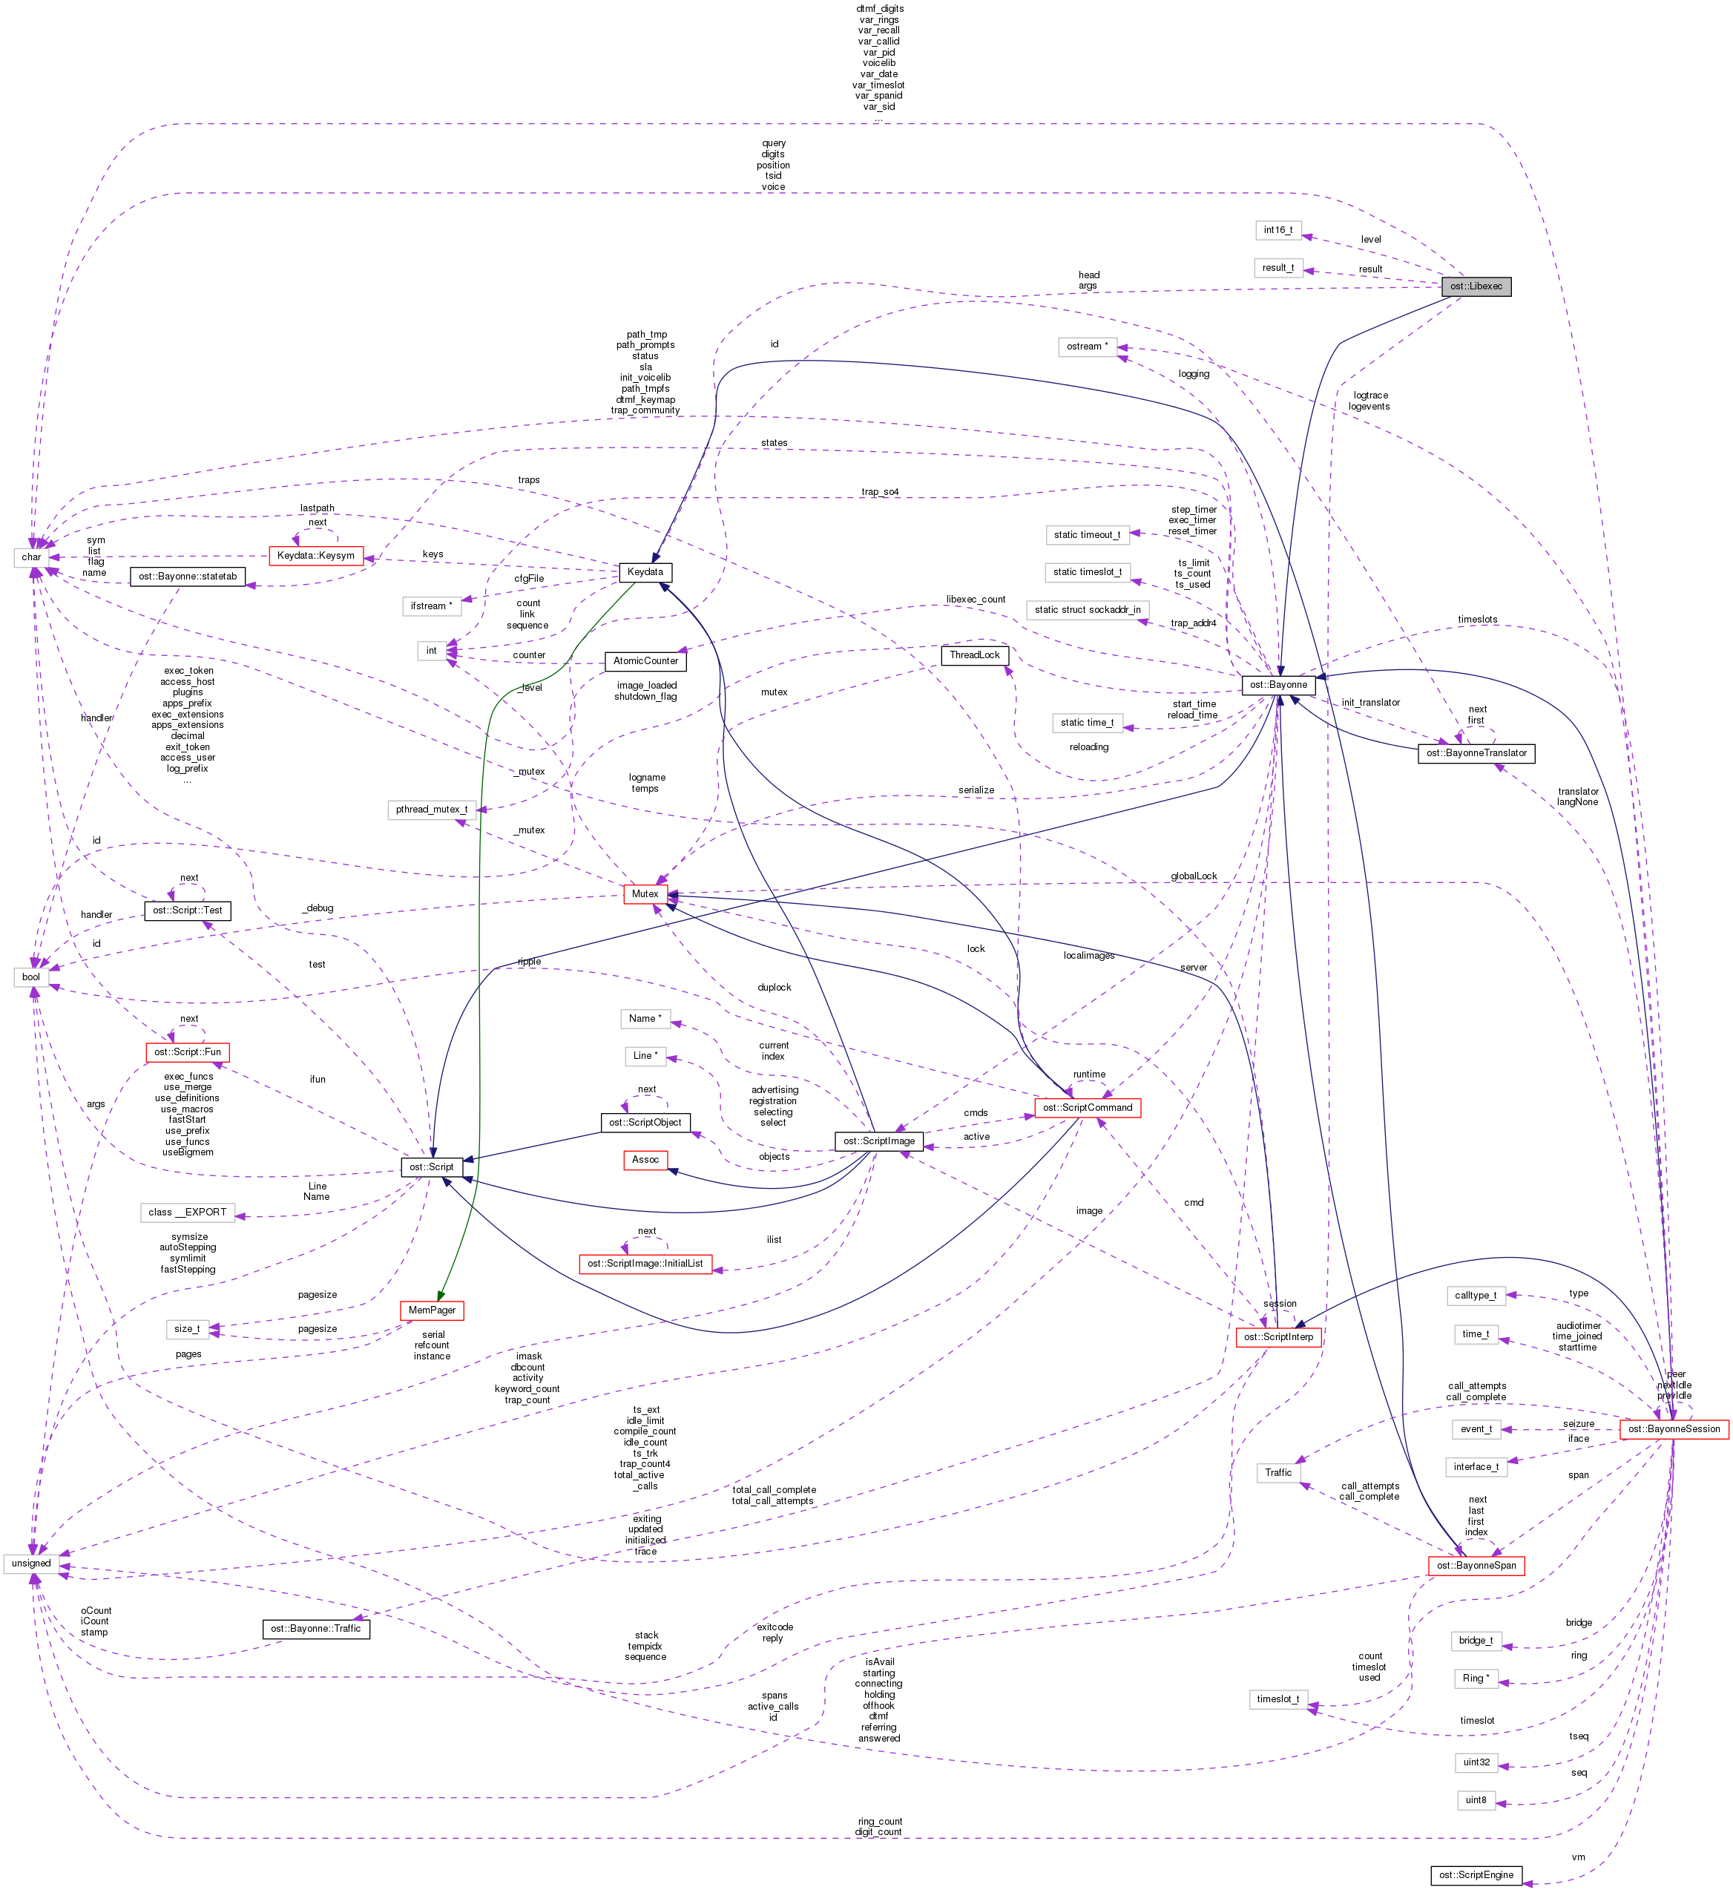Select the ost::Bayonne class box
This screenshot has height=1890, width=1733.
click(1277, 685)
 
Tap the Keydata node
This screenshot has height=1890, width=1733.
click(645, 572)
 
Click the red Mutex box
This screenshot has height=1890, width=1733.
click(645, 894)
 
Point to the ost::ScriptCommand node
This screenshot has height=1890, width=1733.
click(1088, 1108)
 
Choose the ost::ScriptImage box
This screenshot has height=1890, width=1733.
click(878, 1141)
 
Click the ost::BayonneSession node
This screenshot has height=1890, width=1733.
click(1674, 1429)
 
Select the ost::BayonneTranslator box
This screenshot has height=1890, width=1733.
click(1476, 753)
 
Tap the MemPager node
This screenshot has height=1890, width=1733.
click(431, 1310)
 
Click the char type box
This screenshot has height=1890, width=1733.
click(31, 557)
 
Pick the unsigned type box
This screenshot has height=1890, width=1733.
click(31, 1563)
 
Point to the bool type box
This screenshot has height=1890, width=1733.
click(31, 977)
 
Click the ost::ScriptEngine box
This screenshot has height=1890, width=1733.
click(1476, 1875)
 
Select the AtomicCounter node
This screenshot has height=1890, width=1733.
click(645, 661)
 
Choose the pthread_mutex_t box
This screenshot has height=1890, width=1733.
click(431, 810)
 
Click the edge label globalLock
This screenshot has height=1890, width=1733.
click(1194, 876)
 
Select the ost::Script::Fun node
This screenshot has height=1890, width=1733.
click(188, 1052)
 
